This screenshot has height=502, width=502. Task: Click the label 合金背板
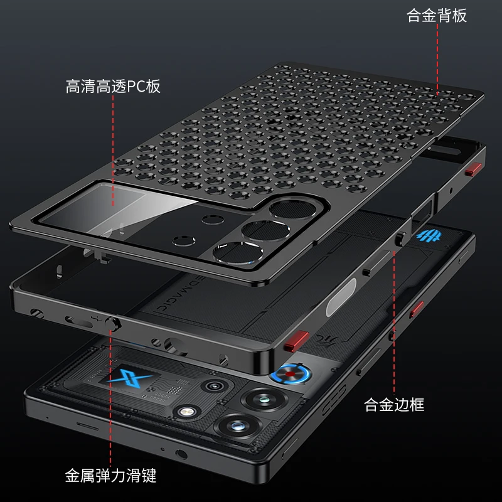tap(437, 16)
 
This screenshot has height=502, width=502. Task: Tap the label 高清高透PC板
tap(113, 86)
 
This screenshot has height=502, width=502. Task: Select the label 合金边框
tap(394, 405)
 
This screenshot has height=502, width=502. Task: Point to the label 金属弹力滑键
tap(110, 476)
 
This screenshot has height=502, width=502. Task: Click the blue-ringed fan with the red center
tap(291, 376)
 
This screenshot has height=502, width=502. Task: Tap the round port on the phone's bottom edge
tap(181, 455)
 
